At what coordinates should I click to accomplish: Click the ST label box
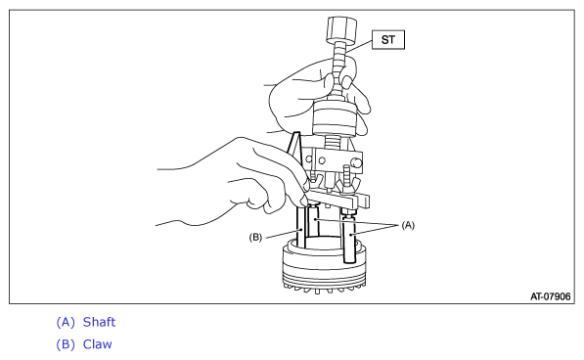click(x=388, y=39)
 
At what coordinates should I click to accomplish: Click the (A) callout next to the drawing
click(x=408, y=225)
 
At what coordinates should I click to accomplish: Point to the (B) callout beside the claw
click(x=255, y=237)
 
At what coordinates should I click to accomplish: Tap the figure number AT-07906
click(x=550, y=296)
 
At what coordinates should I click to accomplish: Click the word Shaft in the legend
click(x=99, y=322)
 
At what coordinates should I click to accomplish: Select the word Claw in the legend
click(x=97, y=344)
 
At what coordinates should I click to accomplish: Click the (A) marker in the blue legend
click(x=66, y=323)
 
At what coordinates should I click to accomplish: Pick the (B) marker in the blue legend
click(x=66, y=344)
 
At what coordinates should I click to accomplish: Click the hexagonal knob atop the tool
click(x=341, y=29)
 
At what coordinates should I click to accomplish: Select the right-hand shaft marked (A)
click(x=350, y=239)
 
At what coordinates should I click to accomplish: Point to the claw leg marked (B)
click(x=300, y=227)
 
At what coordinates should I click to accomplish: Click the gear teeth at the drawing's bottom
click(x=324, y=289)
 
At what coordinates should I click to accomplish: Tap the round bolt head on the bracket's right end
click(x=356, y=162)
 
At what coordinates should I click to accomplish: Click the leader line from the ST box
click(x=358, y=46)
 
